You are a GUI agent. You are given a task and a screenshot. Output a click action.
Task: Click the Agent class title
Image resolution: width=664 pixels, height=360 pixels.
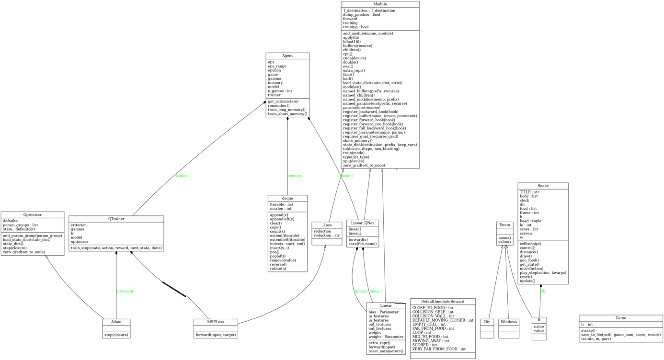point(287,56)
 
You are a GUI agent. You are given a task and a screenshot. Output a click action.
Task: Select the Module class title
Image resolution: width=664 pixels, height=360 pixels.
point(380,4)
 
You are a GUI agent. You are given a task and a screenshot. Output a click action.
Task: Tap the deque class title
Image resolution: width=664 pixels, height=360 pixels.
point(287,198)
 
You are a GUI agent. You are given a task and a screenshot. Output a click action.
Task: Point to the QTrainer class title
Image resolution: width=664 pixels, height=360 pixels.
point(116,219)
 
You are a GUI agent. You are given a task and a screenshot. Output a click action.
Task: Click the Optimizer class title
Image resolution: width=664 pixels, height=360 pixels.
point(32,215)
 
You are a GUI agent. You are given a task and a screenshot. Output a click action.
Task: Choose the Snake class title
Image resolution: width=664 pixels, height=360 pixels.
point(543,186)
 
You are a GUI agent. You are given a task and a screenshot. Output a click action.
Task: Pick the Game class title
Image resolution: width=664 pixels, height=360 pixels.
point(620,318)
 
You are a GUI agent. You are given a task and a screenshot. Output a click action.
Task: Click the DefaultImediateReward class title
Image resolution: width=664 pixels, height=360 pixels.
point(443,302)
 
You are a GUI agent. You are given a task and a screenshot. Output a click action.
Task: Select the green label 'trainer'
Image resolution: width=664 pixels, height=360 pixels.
point(182,176)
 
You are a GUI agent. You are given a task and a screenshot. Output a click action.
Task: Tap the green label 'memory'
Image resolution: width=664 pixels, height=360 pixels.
point(295,176)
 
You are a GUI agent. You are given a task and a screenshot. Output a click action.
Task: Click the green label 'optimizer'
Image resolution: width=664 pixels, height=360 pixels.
point(125,291)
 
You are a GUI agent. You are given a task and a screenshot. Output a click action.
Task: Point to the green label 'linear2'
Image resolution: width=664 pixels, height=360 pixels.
point(361,291)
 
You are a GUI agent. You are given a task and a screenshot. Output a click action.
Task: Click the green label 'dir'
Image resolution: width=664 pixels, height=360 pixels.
point(543,291)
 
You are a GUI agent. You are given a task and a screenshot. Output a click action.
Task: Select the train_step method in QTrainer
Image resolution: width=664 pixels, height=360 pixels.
point(116,247)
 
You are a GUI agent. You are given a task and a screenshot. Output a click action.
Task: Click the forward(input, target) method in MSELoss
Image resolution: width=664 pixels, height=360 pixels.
point(216,335)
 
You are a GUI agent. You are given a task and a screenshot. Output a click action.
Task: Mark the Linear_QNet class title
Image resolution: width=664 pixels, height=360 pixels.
point(363,223)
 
